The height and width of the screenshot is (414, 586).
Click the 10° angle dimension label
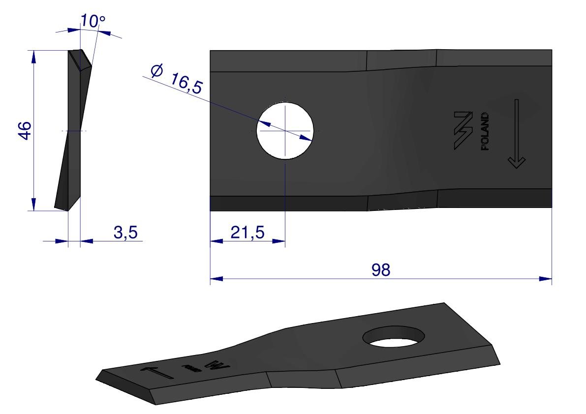(93, 21)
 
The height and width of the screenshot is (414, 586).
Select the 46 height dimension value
(25, 130)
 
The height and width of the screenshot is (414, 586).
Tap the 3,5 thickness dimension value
(125, 233)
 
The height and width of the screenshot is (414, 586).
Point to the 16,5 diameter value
(186, 83)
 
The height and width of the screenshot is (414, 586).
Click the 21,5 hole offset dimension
(247, 232)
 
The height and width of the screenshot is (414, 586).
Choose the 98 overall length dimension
(381, 269)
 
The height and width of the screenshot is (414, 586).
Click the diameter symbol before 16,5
(157, 70)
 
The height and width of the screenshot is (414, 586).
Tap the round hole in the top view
(285, 130)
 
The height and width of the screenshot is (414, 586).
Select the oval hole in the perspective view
(394, 336)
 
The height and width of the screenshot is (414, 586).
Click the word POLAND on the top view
(485, 131)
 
